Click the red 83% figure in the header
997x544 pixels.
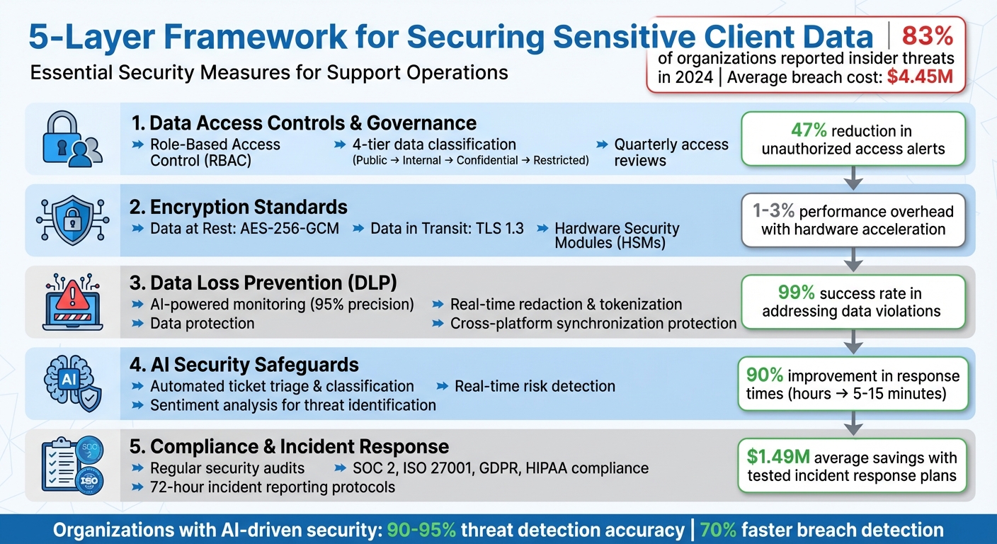pyautogui.click(x=927, y=35)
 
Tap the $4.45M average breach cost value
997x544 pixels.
pyautogui.click(x=920, y=77)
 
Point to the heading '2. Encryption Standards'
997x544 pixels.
pyautogui.click(x=239, y=207)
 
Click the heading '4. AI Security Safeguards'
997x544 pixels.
pyautogui.click(x=245, y=365)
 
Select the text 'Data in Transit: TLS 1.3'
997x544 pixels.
pyautogui.click(x=438, y=228)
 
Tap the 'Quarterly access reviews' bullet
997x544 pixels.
pyautogui.click(x=671, y=152)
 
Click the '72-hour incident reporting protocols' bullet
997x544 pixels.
pyautogui.click(x=273, y=487)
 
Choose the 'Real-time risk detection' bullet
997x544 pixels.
pyautogui.click(x=535, y=386)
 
